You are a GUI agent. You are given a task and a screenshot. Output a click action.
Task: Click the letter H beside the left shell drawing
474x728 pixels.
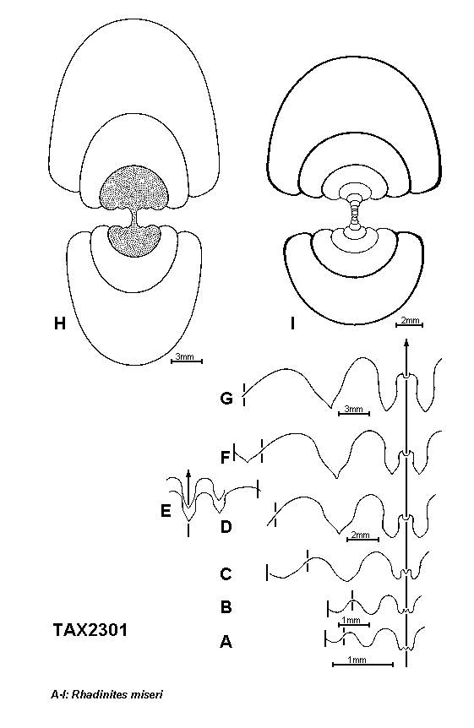tap(60, 323)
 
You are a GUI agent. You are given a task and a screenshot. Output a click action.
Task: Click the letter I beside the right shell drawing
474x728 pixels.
tap(292, 323)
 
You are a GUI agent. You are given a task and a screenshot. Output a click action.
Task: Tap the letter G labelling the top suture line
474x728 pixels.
tap(226, 399)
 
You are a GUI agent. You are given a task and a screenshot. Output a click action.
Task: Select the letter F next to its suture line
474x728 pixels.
tap(225, 458)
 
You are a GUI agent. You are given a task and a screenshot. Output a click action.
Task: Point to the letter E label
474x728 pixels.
tap(166, 511)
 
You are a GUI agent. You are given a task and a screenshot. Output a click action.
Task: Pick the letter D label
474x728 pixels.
tap(226, 527)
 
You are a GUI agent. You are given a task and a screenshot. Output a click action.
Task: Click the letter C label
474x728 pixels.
tap(226, 574)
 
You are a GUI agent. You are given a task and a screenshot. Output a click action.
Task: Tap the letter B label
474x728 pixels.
tap(226, 607)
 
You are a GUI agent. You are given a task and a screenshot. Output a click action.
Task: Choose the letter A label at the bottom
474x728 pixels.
tap(226, 642)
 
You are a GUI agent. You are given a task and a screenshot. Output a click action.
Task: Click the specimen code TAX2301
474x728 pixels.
tap(90, 630)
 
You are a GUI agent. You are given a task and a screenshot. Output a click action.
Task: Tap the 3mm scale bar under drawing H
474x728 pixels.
tap(187, 361)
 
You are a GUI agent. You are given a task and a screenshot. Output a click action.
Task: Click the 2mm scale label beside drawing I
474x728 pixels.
tap(410, 321)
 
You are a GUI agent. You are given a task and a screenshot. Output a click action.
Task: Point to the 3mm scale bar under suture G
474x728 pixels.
tap(354, 413)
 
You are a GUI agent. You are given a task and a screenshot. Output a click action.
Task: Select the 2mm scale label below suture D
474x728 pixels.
tap(361, 535)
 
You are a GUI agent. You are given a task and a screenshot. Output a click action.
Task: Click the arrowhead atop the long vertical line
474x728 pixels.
tap(406, 344)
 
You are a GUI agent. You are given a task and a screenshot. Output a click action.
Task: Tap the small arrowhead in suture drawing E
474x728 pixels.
tap(188, 474)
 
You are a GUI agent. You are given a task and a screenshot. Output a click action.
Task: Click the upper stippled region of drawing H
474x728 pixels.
tap(134, 189)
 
